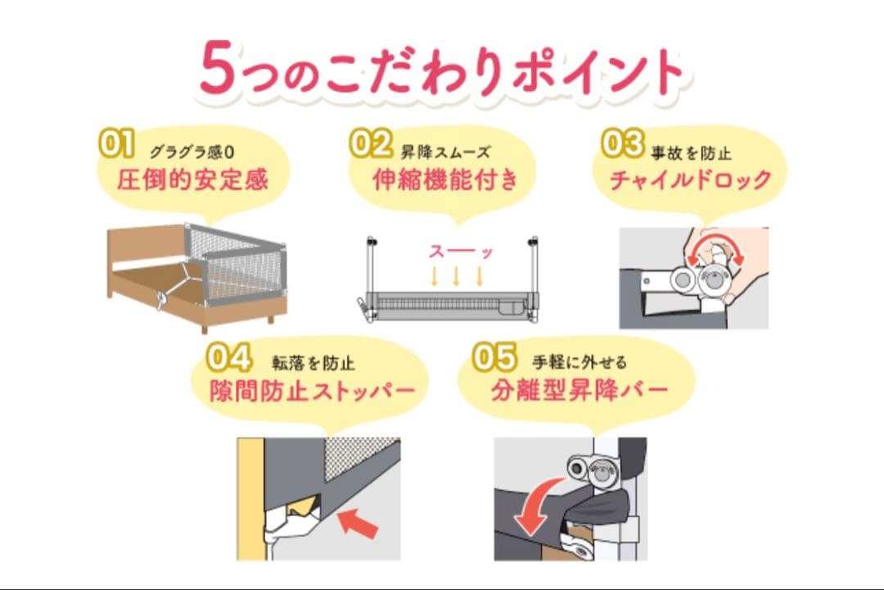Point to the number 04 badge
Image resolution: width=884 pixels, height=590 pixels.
pos(229,357)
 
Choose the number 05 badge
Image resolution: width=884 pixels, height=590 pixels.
pos(494,357)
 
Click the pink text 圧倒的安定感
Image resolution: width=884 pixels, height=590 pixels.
pos(193,180)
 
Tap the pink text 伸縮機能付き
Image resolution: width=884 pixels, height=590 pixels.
pos(445,180)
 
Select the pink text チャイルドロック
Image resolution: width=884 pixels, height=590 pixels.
pos(691,180)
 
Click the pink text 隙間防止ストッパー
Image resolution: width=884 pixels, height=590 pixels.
pos(313,391)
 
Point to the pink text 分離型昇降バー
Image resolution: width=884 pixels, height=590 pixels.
pos(580,390)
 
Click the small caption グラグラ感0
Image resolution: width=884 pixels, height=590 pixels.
pos(192,152)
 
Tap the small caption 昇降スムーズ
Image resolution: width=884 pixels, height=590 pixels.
pos(445,152)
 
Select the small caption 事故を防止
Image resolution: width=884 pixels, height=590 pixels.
pos(691,153)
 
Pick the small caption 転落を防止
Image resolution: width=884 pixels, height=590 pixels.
pos(313,363)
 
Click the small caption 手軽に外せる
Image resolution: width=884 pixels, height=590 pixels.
pos(580,362)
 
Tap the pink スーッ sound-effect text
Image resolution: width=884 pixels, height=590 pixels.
pos(461,252)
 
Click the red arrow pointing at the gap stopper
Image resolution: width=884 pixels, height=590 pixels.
pos(359,522)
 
